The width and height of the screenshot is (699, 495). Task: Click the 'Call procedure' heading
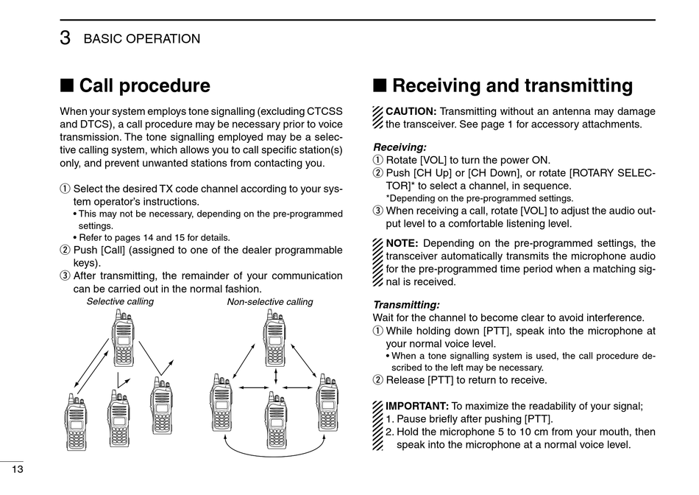tap(144, 86)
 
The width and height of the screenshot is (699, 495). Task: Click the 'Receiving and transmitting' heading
tap(512, 86)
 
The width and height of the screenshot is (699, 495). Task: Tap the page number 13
tap(17, 469)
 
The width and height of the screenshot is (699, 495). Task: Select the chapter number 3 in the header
tap(65, 39)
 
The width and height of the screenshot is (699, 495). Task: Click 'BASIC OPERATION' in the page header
tap(142, 39)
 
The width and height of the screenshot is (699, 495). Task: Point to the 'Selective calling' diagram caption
tap(120, 301)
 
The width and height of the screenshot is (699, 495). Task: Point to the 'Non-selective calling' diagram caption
tap(269, 301)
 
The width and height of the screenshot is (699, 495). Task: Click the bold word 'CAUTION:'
tap(411, 112)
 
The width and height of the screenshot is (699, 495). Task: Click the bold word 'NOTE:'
tap(402, 243)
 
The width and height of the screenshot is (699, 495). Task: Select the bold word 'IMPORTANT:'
tap(417, 406)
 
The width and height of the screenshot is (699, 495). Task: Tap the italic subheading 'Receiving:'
tap(400, 147)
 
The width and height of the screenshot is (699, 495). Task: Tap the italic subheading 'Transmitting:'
tap(406, 305)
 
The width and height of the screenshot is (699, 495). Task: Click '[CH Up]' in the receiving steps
tap(436, 173)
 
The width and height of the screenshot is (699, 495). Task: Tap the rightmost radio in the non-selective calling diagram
tap(327, 403)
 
